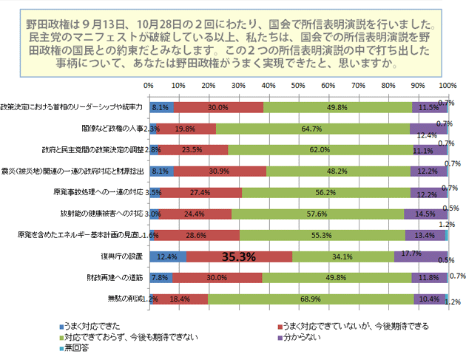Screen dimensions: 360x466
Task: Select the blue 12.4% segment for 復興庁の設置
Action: coord(167,257)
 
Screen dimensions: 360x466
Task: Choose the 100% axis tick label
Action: coord(447,86)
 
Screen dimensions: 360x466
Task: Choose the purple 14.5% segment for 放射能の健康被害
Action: coord(424,214)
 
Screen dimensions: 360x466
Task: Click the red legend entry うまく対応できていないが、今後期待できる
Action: coord(351,326)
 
